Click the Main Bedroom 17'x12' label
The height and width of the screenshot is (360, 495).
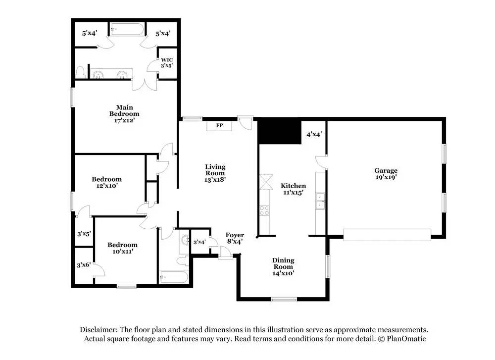pos(124,113)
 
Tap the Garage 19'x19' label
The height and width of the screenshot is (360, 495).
pos(386,174)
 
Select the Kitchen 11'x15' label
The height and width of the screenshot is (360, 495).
pos(294,189)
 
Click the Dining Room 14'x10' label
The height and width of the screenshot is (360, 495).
pos(283,266)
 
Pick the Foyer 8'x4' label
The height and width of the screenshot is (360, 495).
pos(235,238)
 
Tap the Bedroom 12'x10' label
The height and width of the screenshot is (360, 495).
pos(106,182)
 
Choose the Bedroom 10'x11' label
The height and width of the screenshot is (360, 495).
pos(123,248)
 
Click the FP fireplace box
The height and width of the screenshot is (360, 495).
pos(219,126)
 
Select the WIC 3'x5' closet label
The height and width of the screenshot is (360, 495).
pos(166,62)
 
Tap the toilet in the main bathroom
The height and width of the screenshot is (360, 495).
pos(81,72)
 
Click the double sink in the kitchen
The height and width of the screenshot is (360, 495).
pos(320,200)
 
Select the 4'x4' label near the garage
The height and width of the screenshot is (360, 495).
pos(314,134)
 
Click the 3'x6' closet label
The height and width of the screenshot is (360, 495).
pos(83,265)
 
